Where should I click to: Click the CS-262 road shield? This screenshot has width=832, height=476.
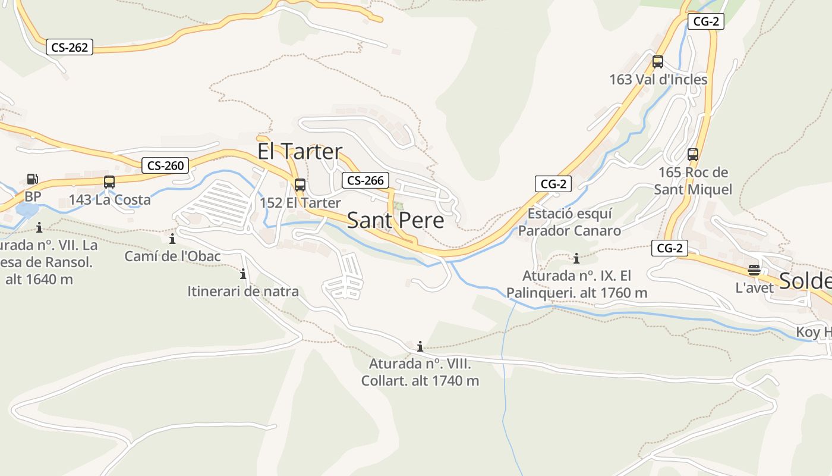point(70,48)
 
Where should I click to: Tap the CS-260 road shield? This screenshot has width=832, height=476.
point(165,165)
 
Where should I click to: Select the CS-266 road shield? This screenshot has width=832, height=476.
point(365,180)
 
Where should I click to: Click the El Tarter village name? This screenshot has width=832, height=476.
point(300,151)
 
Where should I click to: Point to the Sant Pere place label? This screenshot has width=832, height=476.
point(395,220)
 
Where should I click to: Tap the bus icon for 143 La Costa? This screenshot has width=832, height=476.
point(109,182)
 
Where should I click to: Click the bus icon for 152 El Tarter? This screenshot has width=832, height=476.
point(300,184)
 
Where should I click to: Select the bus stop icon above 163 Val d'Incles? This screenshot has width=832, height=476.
point(658,61)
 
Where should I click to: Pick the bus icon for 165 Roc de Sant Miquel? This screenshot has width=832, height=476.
point(693,155)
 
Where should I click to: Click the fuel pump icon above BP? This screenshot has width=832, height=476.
point(33,178)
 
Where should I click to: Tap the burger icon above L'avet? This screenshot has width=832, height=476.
point(754,270)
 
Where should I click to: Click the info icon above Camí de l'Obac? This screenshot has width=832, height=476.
point(172,239)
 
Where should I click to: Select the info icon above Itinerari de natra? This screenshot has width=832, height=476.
point(243,274)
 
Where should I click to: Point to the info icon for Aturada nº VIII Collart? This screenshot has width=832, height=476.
point(420,346)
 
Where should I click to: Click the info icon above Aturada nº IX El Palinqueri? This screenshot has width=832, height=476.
point(576,258)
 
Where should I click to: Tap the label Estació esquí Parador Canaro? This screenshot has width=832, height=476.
point(569,222)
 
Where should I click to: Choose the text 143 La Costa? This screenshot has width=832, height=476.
point(110,200)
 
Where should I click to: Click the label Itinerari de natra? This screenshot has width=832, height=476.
point(243,292)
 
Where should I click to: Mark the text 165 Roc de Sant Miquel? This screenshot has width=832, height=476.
point(693,181)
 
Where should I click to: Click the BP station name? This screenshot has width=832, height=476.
point(33,196)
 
